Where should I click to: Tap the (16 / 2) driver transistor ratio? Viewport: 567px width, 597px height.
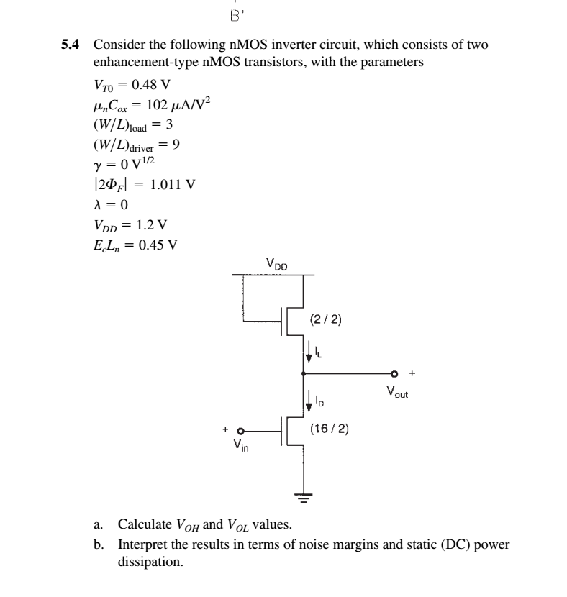coord(330,429)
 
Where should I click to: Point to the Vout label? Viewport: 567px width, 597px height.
coord(396,393)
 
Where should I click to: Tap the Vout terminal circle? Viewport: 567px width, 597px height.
coord(394,374)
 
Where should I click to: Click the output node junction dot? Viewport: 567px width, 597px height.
coord(303,374)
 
